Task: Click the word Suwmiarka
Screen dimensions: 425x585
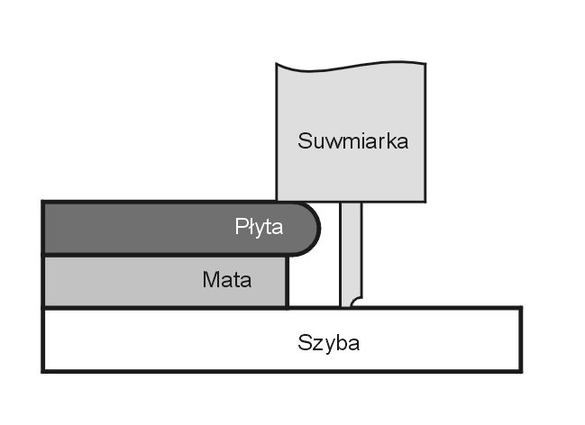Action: point(353,141)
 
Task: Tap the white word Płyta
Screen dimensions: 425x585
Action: point(259,227)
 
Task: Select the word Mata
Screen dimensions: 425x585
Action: point(227,280)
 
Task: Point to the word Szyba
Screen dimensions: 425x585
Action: point(329,343)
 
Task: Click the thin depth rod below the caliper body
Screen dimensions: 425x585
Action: point(351,252)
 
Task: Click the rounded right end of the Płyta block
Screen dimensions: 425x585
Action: point(312,227)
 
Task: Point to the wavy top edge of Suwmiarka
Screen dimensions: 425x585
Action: point(352,66)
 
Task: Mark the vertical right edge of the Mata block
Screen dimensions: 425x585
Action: point(287,281)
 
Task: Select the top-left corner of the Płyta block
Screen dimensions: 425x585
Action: point(44,203)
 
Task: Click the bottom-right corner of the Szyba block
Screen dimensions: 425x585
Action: point(520,370)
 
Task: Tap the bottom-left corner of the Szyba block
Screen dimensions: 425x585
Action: point(43,370)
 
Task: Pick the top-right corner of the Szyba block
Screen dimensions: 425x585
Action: point(520,309)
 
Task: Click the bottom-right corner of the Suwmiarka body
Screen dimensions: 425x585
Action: point(425,199)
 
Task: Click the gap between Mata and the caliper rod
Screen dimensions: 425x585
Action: point(314,284)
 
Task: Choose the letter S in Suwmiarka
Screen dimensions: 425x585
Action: point(305,141)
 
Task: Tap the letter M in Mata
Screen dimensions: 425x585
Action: point(209,280)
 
